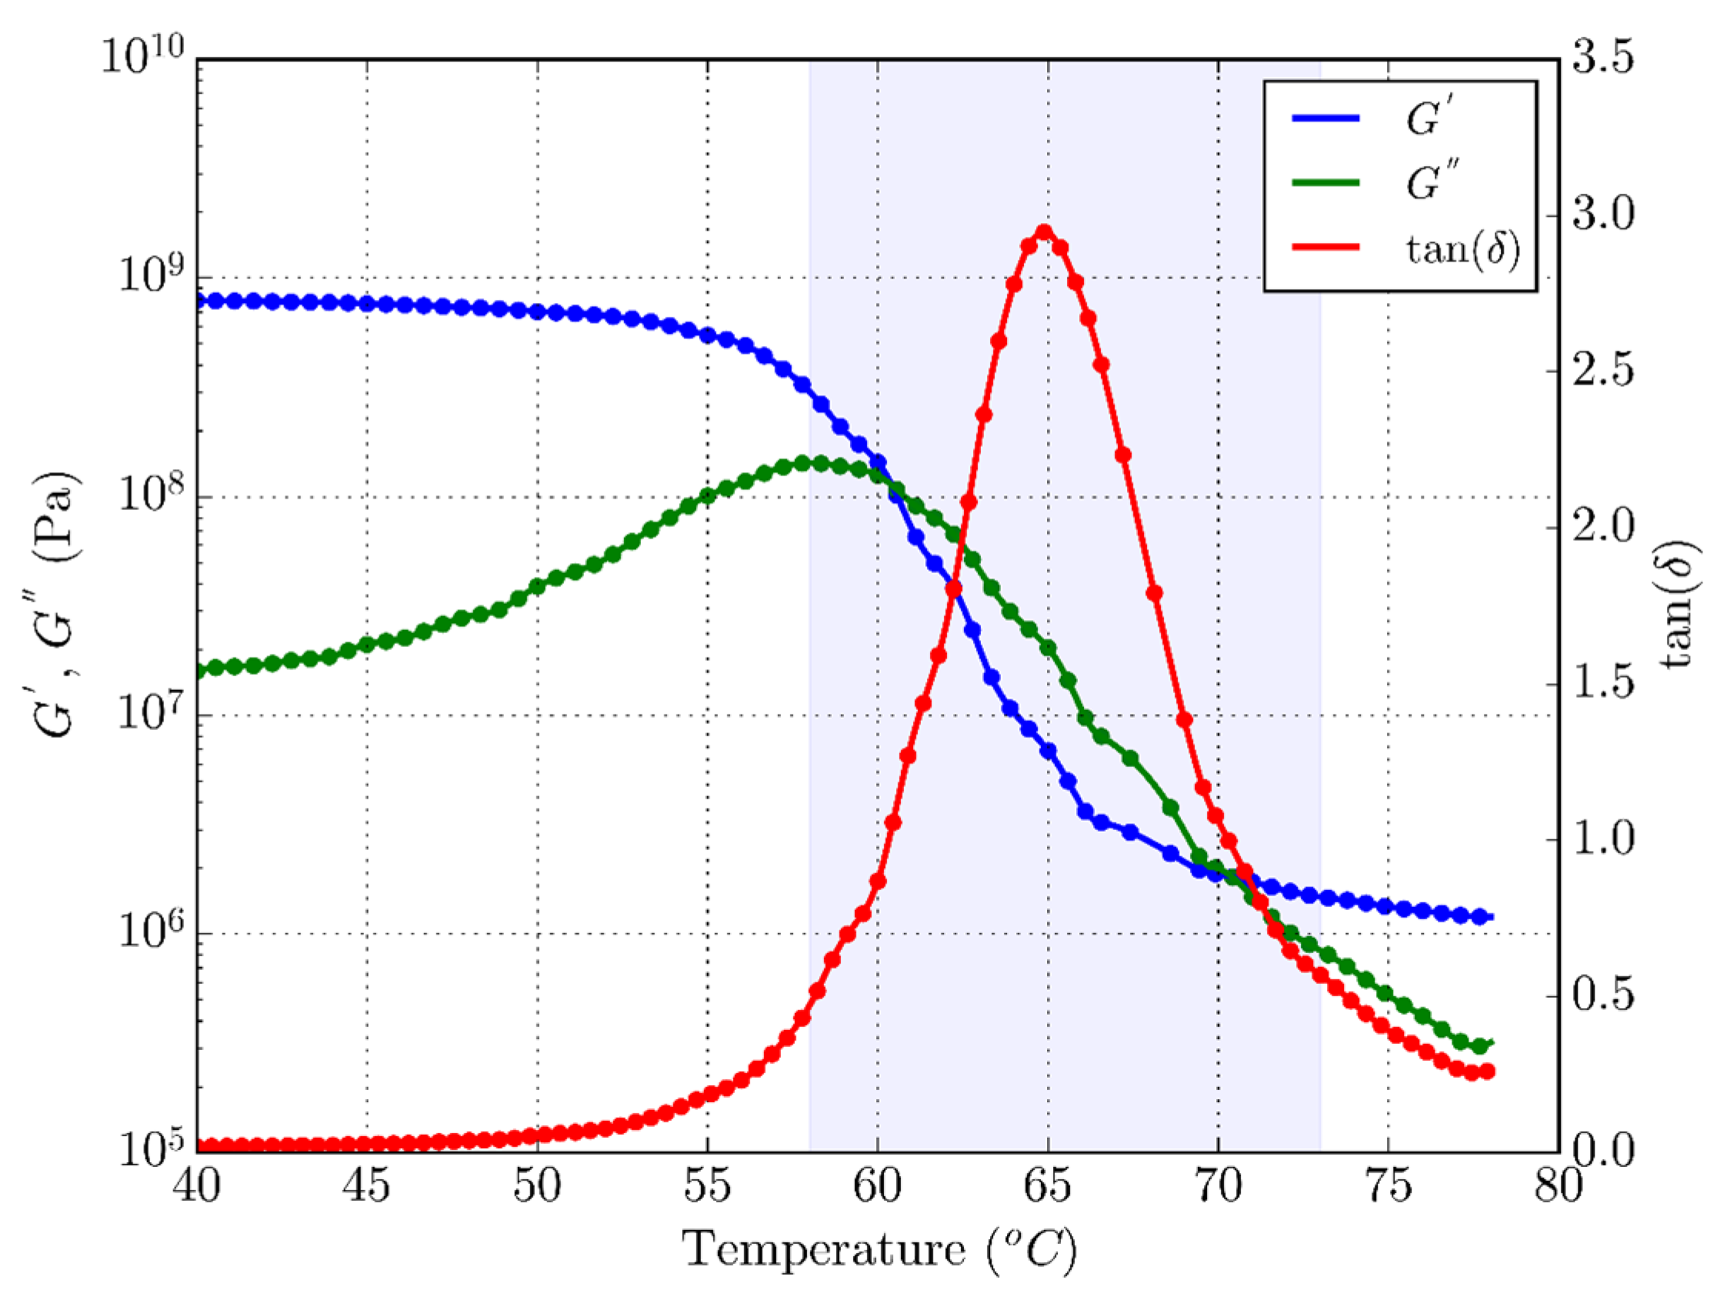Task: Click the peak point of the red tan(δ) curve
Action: pos(1045,232)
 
